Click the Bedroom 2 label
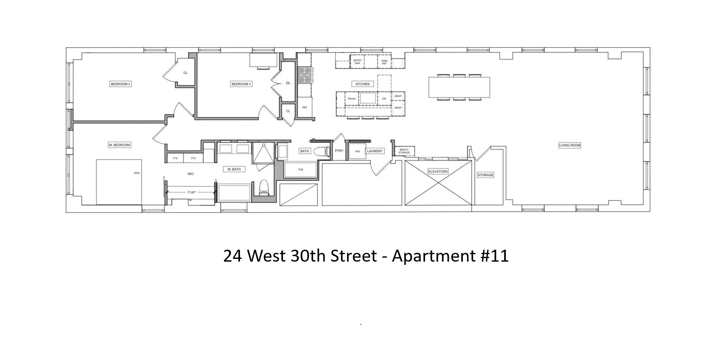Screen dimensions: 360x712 pos(121,84)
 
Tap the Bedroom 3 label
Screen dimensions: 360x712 pos(241,84)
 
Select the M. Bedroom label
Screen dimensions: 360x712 pos(119,145)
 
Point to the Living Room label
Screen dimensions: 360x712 pos(570,145)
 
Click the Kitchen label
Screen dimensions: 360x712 pos(363,84)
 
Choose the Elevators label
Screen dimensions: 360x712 pos(438,172)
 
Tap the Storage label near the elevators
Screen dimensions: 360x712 pos(485,175)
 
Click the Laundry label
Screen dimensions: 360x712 pos(375,151)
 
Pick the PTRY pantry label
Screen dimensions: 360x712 pos(339,151)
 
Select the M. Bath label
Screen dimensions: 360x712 pos(234,169)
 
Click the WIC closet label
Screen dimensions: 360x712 pos(191,174)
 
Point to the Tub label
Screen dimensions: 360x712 pos(300,170)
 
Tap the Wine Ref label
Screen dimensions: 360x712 pos(384,62)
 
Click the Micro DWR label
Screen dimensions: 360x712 pos(357,62)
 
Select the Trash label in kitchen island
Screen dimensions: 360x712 pos(351,99)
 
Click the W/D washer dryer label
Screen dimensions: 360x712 pos(357,151)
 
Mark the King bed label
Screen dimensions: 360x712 pos(137,173)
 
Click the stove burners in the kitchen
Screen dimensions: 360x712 pos(305,74)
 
